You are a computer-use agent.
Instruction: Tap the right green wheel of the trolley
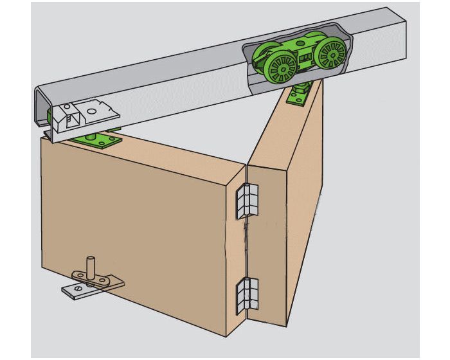[331, 54]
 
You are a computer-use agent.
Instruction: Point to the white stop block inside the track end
[67, 118]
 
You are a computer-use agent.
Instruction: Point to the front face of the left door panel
[141, 225]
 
